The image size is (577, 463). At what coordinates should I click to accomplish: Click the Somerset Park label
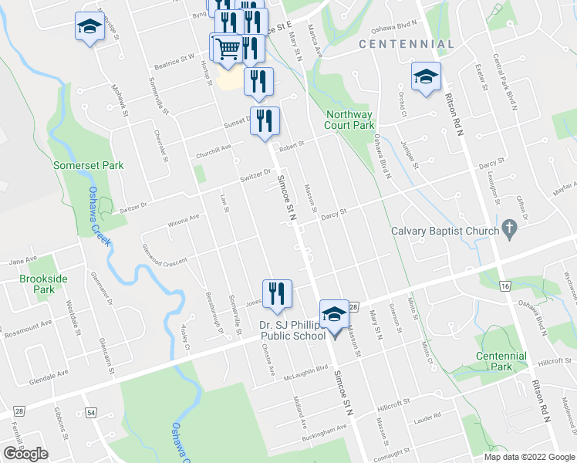tap(88, 165)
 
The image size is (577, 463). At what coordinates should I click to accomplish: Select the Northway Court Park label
tap(349, 120)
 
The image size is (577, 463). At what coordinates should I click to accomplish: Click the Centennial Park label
tap(501, 361)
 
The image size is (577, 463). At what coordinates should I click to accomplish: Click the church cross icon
tap(508, 229)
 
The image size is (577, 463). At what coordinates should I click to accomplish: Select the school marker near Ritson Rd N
tap(424, 78)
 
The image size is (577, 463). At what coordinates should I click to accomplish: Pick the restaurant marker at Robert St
tap(265, 120)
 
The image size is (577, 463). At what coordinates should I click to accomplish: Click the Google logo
tap(25, 454)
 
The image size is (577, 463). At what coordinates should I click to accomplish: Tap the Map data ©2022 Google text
tap(529, 456)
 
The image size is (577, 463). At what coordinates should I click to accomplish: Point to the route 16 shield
tap(504, 286)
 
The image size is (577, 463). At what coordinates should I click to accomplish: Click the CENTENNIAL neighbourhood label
tap(407, 45)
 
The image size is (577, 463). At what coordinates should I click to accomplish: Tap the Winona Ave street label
tap(183, 221)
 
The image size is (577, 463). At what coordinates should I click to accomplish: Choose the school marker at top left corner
tap(89, 28)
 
